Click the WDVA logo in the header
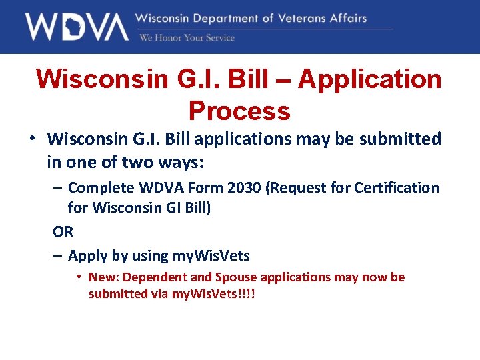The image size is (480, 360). [77, 27]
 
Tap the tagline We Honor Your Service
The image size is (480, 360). [187, 38]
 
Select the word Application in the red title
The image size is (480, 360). [369, 79]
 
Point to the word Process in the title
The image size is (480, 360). [239, 110]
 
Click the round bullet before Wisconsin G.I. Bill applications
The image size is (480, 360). [31, 139]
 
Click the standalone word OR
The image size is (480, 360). [63, 231]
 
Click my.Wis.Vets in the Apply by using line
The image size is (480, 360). [211, 255]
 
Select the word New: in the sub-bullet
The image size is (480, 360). [103, 277]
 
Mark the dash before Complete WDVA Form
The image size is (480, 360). [58, 188]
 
